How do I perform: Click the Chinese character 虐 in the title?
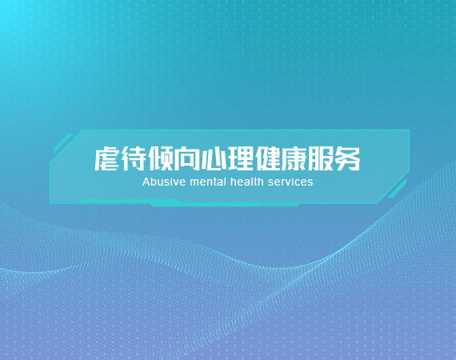click(106, 158)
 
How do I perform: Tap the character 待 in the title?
click(134, 158)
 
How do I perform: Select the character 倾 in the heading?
click(161, 158)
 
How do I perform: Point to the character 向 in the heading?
click(187, 158)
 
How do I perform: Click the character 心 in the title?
click(214, 158)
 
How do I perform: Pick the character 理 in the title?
click(241, 158)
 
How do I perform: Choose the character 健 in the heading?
click(267, 158)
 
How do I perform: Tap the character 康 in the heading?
click(294, 158)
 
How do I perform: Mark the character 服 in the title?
click(321, 158)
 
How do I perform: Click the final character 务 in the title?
click(348, 158)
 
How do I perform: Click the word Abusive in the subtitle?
click(164, 182)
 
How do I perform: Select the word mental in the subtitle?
click(208, 182)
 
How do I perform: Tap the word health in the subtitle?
click(247, 182)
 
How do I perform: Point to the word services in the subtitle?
click(290, 182)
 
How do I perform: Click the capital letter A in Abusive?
click(146, 182)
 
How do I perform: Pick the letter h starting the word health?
click(233, 182)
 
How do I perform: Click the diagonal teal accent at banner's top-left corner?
click(63, 143)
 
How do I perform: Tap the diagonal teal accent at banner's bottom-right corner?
click(397, 189)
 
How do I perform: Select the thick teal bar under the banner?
click(203, 204)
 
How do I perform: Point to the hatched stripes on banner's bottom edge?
click(279, 206)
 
